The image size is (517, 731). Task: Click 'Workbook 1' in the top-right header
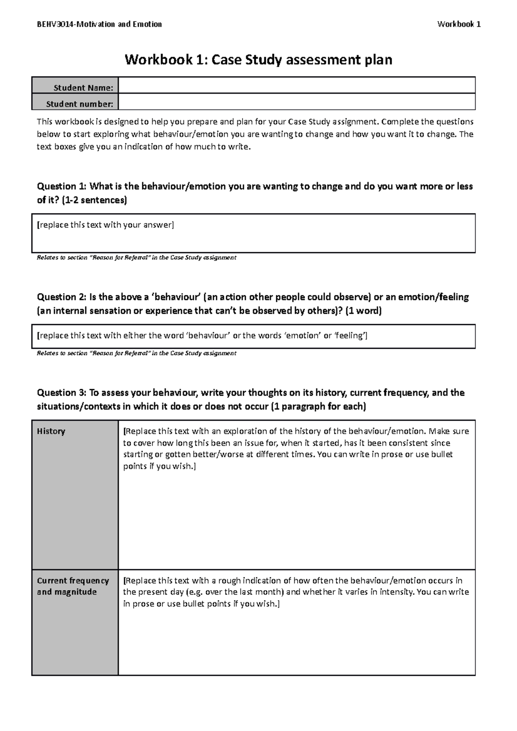pos(459,25)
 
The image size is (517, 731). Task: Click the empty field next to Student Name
pos(296,85)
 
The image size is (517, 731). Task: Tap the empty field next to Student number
pos(296,102)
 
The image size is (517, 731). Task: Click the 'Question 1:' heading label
pos(62,187)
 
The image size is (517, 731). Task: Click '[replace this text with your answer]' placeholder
pos(106,225)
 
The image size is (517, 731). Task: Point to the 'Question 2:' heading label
pos(62,297)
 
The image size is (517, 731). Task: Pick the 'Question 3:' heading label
pos(62,393)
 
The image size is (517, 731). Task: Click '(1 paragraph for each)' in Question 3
pos(318,406)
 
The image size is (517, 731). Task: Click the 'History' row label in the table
pos(51,431)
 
